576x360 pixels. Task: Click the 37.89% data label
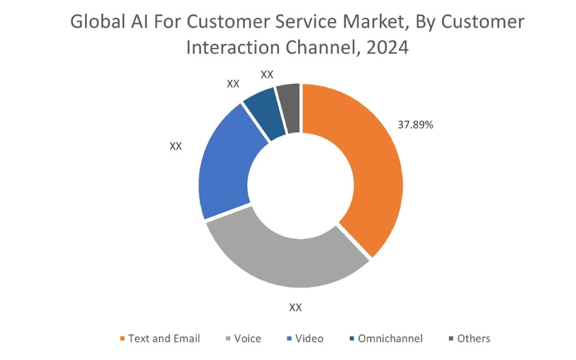pyautogui.click(x=415, y=125)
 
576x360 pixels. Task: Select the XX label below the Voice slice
pyautogui.click(x=295, y=308)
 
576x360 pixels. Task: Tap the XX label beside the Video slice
pyautogui.click(x=175, y=146)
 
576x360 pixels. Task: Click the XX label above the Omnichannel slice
pyautogui.click(x=233, y=84)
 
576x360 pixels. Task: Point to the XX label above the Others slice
pyautogui.click(x=267, y=74)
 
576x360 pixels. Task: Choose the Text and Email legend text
pyautogui.click(x=164, y=338)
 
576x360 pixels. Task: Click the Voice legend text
pyautogui.click(x=247, y=338)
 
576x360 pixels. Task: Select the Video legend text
pyautogui.click(x=309, y=338)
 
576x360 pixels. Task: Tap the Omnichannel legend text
pyautogui.click(x=390, y=338)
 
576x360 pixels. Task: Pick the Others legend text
pyautogui.click(x=473, y=338)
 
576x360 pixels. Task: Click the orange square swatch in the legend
pyautogui.click(x=122, y=339)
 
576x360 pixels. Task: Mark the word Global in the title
pyautogui.click(x=95, y=22)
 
